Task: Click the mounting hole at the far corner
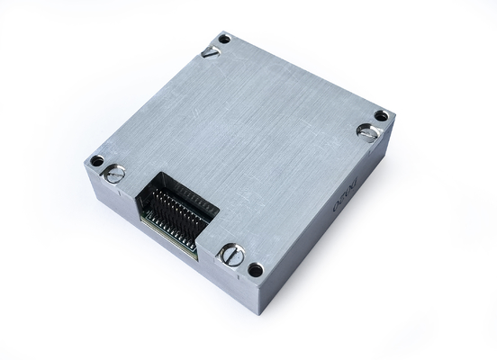(224, 39)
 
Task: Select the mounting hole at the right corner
(381, 116)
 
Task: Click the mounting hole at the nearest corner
(255, 269)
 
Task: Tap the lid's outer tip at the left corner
(85, 159)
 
